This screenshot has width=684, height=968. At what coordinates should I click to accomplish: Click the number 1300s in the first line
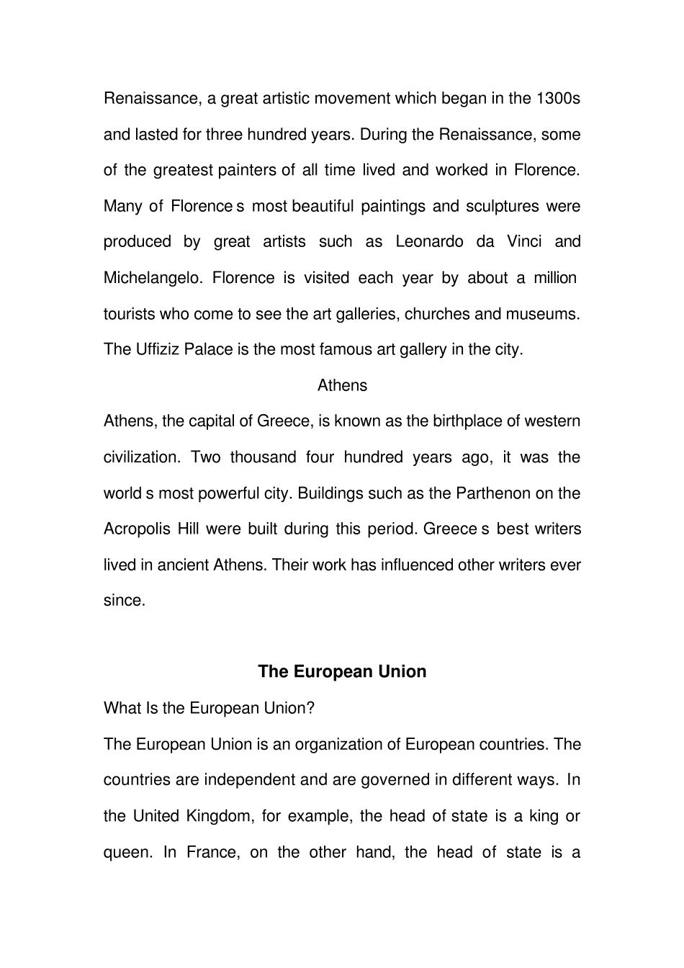point(559,99)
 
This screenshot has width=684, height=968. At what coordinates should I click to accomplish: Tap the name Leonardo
point(430,242)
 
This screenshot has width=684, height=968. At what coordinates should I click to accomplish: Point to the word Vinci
point(524,242)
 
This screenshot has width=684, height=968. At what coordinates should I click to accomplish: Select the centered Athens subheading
point(342,386)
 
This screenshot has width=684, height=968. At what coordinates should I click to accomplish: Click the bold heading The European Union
point(342,671)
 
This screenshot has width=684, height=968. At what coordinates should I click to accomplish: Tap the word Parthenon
point(492,493)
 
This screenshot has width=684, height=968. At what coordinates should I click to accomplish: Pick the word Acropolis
point(137,529)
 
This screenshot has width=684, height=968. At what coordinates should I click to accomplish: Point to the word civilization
point(140,457)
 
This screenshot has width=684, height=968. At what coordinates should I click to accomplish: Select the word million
point(554,278)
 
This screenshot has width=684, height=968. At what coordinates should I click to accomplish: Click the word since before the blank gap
point(124,601)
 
